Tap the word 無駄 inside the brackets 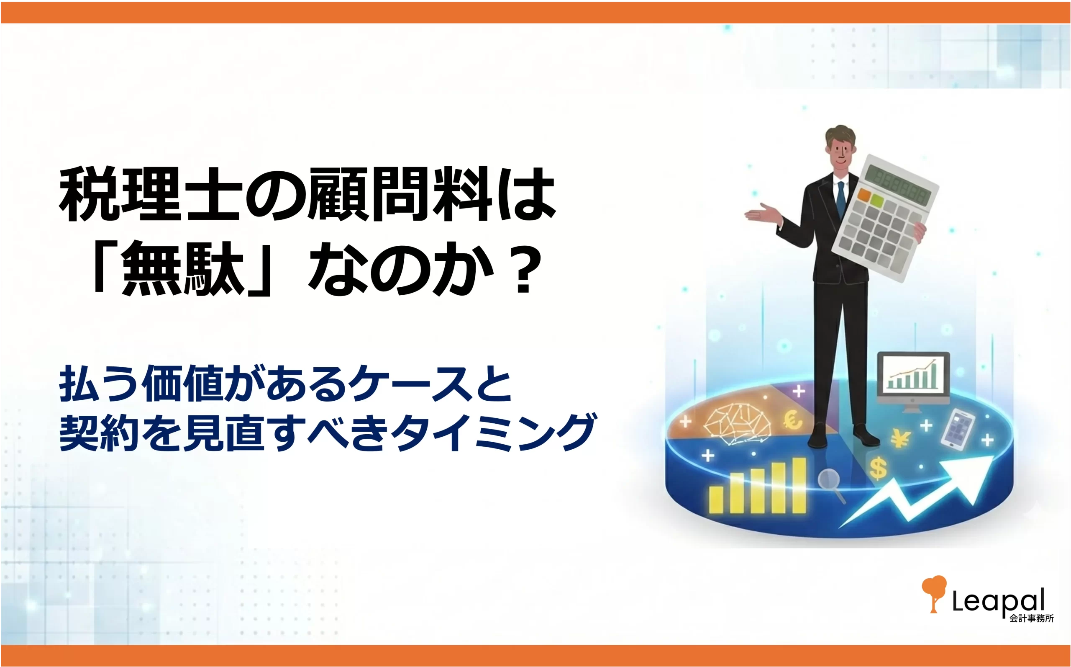tap(183, 269)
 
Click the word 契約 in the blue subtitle tap(100, 432)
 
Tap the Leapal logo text tap(998, 600)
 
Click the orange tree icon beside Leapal tap(934, 594)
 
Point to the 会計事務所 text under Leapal tap(1032, 618)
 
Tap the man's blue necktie tap(841, 198)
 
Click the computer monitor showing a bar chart tap(913, 381)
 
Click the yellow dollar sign tap(878, 469)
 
